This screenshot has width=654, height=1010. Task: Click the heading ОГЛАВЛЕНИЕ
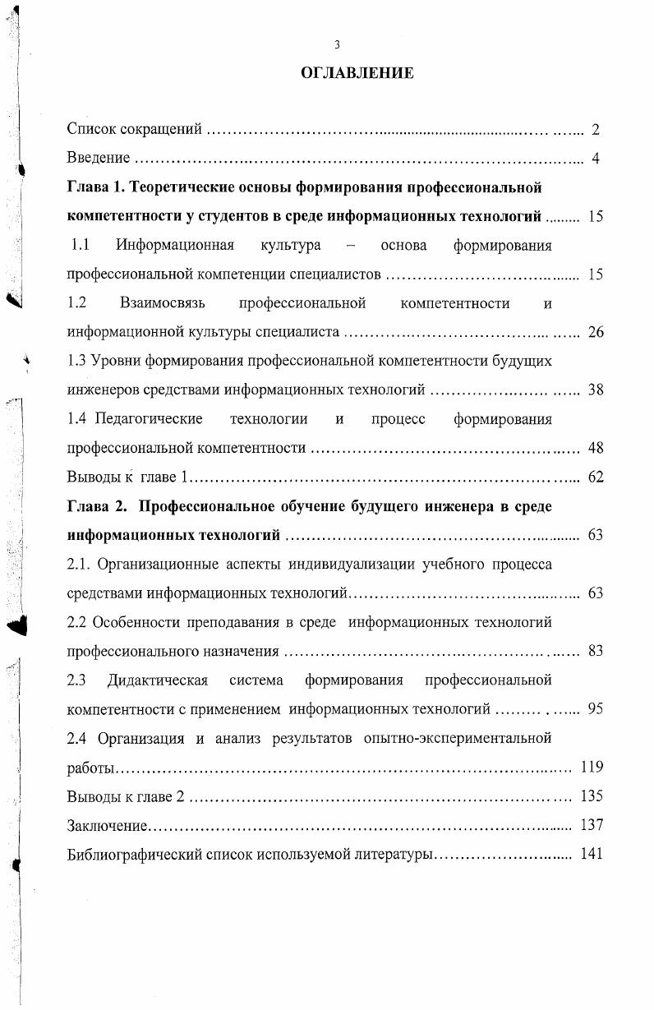357,74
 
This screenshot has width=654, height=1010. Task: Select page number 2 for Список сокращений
596,130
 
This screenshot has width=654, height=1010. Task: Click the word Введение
98,159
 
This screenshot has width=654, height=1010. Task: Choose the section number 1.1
80,245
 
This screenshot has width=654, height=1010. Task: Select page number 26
596,333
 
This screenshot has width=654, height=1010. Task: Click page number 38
596,390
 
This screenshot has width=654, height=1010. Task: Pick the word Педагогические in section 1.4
149,419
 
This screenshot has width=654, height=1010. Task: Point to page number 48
596,449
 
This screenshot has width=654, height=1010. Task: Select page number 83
596,652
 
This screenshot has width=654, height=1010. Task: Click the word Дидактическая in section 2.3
157,680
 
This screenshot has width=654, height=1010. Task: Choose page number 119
592,768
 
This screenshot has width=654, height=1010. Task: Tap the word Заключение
107,825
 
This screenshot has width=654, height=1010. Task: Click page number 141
592,854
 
